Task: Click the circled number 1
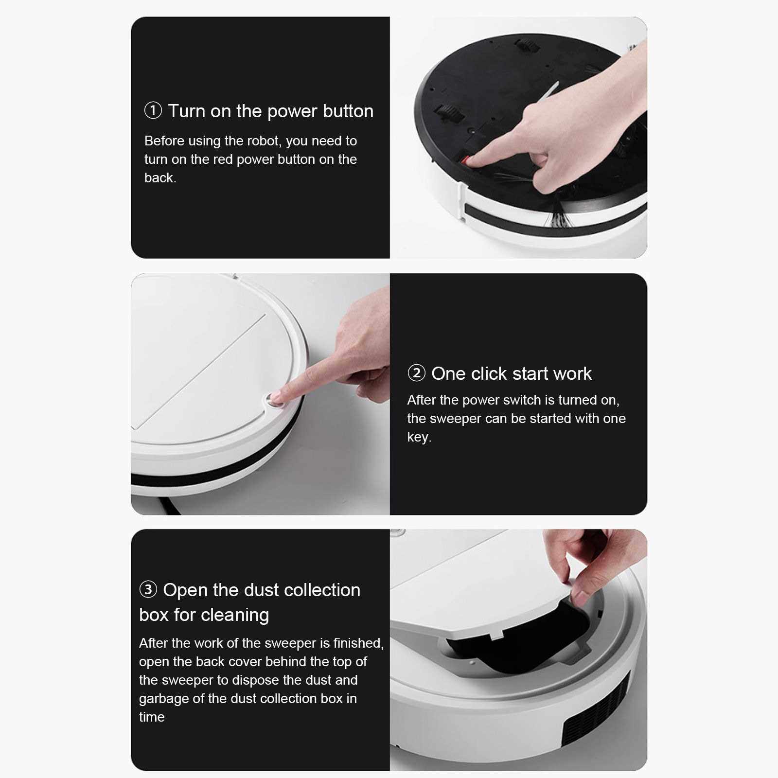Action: (153, 110)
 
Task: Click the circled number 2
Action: (416, 373)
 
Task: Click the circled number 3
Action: (148, 589)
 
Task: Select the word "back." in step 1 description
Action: (160, 177)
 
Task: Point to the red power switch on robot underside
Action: (466, 159)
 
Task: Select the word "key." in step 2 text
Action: (419, 437)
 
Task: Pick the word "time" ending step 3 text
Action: (152, 717)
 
